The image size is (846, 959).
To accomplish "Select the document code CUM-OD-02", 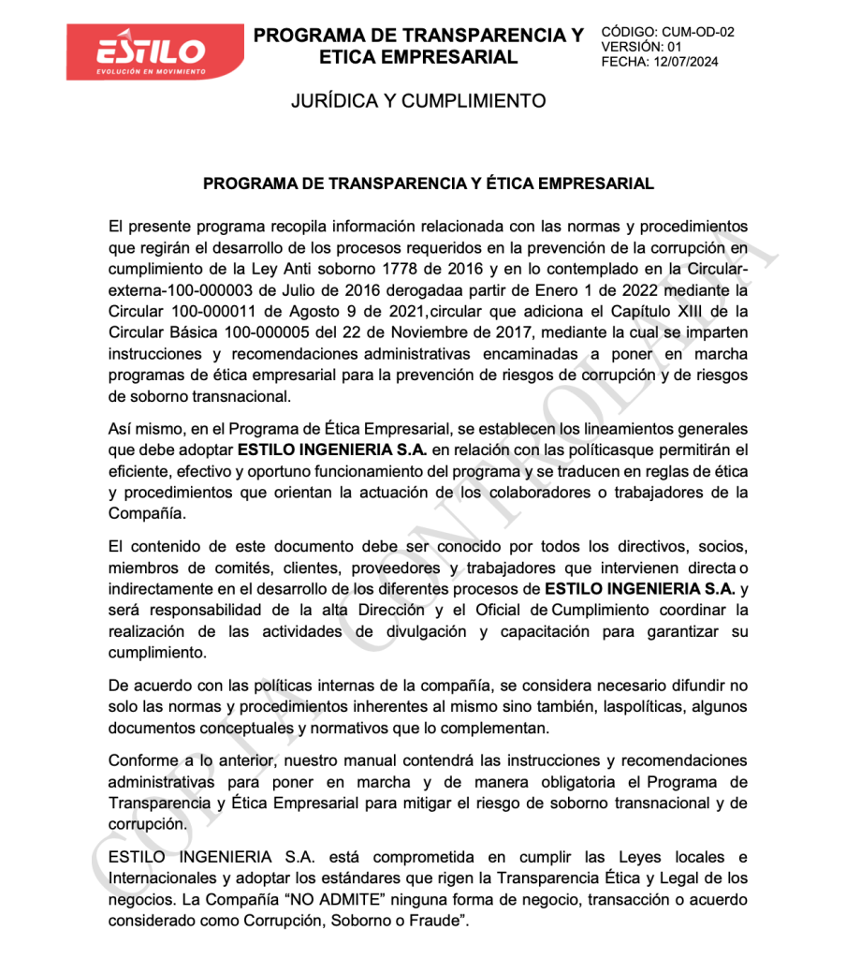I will (698, 32).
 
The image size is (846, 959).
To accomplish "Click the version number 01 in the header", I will (676, 47).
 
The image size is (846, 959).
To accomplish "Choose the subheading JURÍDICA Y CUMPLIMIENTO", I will (417, 101).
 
